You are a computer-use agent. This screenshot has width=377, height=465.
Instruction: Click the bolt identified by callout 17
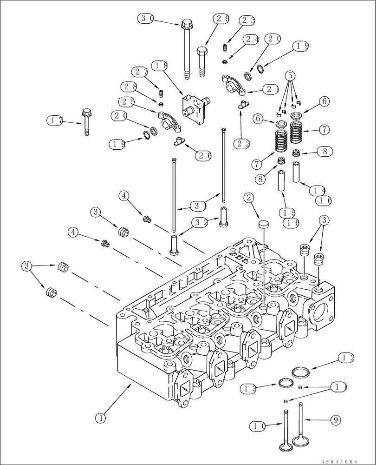tap(86, 122)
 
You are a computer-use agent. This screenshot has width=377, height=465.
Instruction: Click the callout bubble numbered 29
tap(222, 19)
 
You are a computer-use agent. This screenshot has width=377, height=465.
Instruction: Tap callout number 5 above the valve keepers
tap(290, 75)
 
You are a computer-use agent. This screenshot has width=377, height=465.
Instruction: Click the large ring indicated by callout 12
tap(302, 372)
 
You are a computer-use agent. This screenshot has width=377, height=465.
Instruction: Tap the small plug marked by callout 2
tap(263, 225)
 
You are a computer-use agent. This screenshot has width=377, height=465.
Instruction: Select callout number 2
tap(250, 198)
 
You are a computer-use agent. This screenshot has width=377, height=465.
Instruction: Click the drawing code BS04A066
tap(341, 461)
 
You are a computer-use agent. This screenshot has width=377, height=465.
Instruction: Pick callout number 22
tap(241, 144)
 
